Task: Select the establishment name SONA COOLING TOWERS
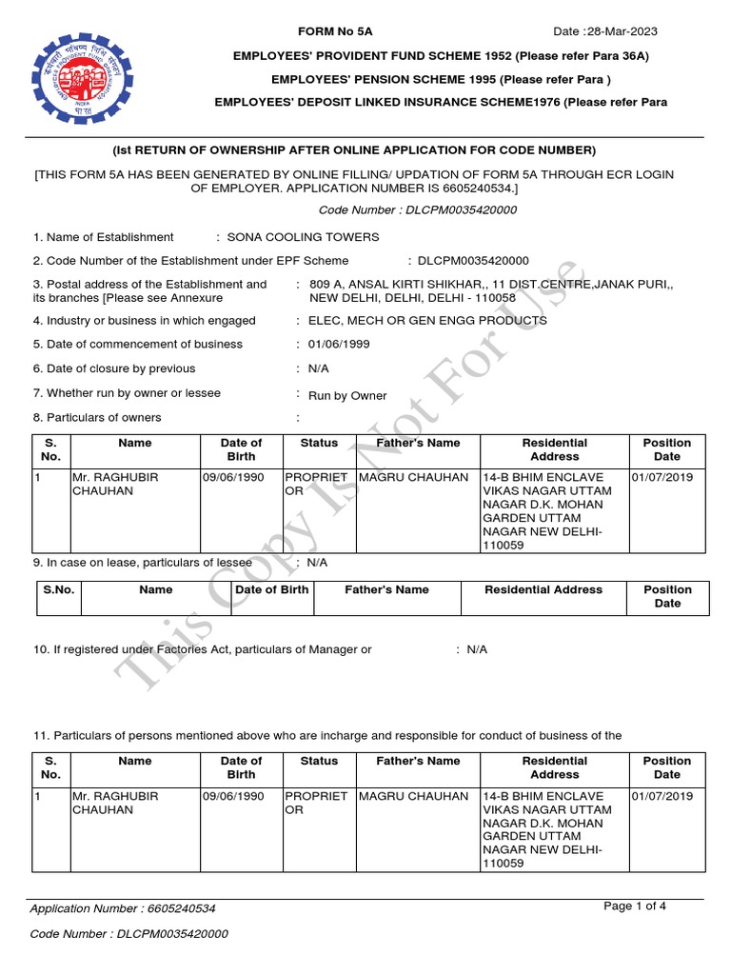point(303,237)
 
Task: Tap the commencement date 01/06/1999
point(339,344)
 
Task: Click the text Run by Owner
point(347,395)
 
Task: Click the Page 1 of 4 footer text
point(635,906)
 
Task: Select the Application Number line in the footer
point(123,908)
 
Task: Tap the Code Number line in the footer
point(129,934)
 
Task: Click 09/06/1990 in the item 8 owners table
point(233,477)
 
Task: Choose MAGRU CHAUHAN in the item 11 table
point(414,795)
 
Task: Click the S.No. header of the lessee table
point(58,589)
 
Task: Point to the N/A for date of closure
point(319,368)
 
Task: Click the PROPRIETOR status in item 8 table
point(317,484)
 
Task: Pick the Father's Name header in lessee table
point(386,589)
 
